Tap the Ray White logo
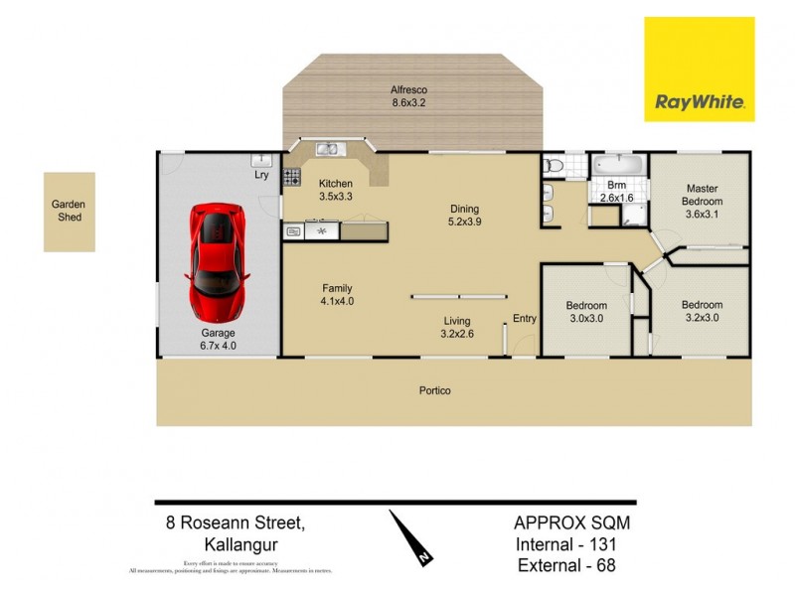coord(700,69)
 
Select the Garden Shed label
coord(69,212)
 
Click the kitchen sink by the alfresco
coord(329,150)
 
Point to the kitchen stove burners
coord(292,179)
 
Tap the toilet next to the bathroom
coord(555,165)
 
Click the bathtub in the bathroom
coord(617,162)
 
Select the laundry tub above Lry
coord(261,159)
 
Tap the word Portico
coord(434,390)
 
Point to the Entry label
coord(525,319)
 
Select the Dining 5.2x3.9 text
coord(464,216)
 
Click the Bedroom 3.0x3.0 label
coord(586,312)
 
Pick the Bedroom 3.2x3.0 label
coord(702,312)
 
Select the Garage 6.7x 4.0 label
coord(219,339)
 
